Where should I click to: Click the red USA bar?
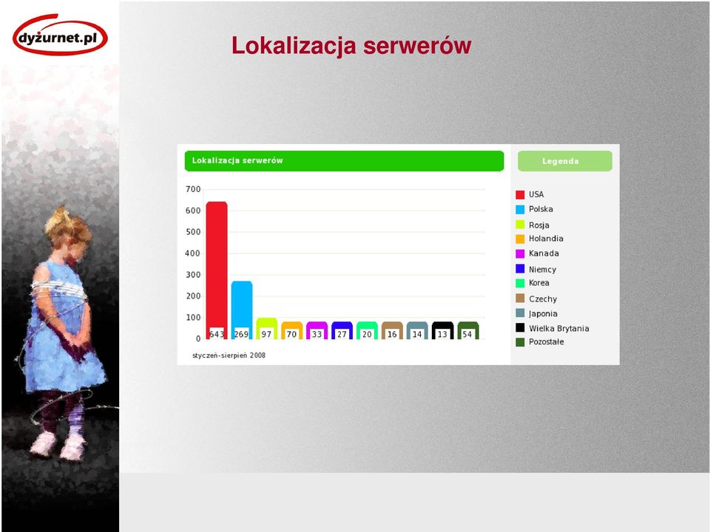(x=217, y=270)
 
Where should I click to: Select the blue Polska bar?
(x=242, y=310)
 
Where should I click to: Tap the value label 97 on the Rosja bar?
(x=266, y=334)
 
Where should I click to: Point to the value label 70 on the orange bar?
(x=291, y=334)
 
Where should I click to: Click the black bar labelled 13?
(x=442, y=330)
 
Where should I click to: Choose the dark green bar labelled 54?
(x=467, y=330)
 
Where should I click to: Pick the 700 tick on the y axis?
(x=193, y=189)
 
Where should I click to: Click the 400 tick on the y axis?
(x=193, y=253)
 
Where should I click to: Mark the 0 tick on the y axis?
(x=198, y=338)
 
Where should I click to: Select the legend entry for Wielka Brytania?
(x=552, y=328)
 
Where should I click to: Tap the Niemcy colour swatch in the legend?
(x=520, y=269)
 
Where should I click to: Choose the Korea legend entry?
(x=532, y=283)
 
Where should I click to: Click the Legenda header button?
(x=564, y=161)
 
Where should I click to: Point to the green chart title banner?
(x=344, y=161)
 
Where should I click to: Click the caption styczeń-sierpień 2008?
(x=229, y=355)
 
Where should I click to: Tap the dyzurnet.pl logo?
(x=60, y=35)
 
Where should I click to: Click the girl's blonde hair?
(x=69, y=225)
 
